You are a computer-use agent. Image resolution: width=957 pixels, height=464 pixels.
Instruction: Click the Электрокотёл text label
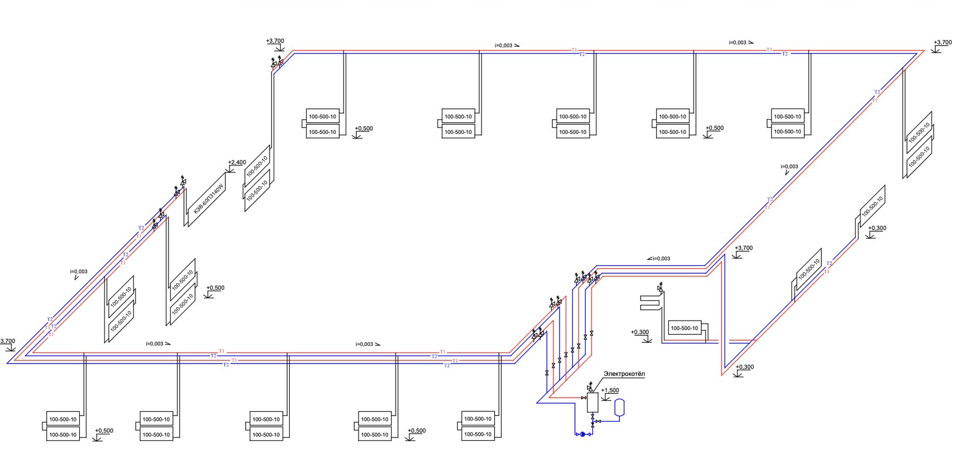coord(624,374)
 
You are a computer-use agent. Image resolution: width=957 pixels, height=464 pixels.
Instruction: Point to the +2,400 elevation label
coord(237,163)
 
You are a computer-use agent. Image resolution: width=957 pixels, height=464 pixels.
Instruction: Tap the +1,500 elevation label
coord(610,391)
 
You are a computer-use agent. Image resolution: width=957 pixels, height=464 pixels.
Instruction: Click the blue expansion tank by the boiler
coord(619,407)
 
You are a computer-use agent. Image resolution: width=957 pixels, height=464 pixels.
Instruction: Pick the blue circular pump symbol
coord(583,434)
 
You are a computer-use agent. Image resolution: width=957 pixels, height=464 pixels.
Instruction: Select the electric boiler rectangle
coord(592,402)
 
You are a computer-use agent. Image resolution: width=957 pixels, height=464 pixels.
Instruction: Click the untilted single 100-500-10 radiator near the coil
coord(684,328)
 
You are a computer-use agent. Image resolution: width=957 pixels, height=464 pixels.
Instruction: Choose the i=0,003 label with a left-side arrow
coord(659,259)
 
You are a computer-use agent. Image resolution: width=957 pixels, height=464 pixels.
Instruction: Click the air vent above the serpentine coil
coord(660,288)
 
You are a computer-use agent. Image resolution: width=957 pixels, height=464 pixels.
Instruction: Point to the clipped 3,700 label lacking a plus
coord(7,341)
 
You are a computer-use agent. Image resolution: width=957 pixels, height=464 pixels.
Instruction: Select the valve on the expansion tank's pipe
coord(599,421)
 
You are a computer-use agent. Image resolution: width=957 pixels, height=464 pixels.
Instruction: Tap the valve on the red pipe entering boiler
coord(584,398)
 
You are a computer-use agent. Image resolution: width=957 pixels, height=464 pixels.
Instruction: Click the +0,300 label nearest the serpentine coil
coord(640,332)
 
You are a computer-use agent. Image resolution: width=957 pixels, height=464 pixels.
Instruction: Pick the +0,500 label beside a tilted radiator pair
coord(215,288)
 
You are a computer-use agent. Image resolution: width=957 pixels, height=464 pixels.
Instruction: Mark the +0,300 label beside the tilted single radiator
coord(877,229)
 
